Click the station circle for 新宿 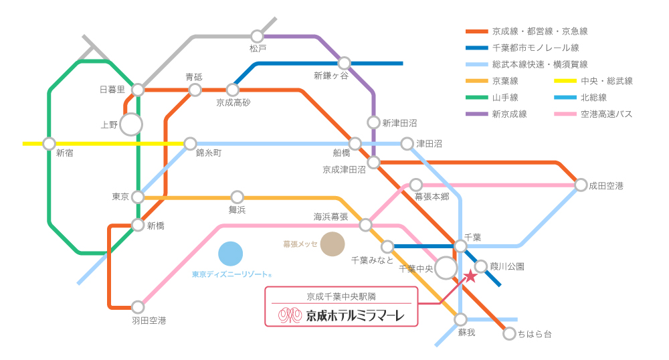point(49,143)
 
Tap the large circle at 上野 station point(131,124)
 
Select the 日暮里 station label point(112,90)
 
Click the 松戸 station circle point(258,35)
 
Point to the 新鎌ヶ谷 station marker point(344,63)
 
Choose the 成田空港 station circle point(581,185)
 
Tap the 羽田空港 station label point(149,321)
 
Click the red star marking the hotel point(471,276)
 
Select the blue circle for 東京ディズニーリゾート point(230,254)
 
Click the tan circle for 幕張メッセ point(332,244)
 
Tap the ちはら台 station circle point(509,333)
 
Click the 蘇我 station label point(466,333)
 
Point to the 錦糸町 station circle point(191,143)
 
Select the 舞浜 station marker point(237,197)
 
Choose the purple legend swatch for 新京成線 point(476,114)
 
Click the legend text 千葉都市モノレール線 point(535,48)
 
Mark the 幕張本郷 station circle point(416,185)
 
